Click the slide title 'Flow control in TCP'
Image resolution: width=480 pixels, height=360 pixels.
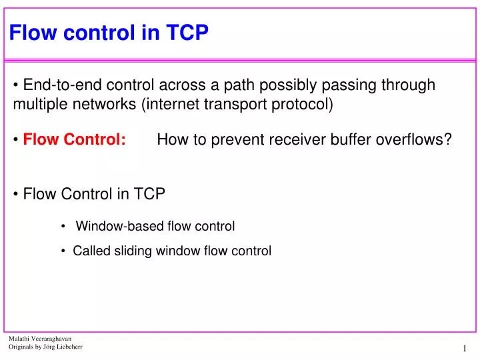(x=109, y=33)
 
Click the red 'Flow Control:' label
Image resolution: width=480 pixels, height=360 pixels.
(x=75, y=140)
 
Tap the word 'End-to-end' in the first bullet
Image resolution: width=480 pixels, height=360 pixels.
(x=56, y=85)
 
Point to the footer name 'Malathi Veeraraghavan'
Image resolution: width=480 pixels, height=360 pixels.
(x=40, y=339)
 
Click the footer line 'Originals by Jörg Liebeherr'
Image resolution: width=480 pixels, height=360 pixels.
(x=45, y=348)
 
